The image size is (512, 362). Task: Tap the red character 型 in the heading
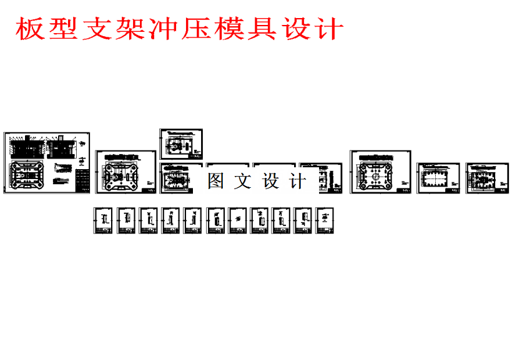point(65,29)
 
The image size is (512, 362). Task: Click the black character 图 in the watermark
point(215,182)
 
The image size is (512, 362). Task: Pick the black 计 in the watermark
point(298,182)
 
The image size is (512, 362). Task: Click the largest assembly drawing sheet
point(47,162)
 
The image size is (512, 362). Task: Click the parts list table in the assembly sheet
point(82,180)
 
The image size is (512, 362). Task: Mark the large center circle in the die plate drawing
point(378,175)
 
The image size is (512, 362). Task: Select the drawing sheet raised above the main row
point(181,144)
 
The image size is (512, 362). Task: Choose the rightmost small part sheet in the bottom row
point(325,221)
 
